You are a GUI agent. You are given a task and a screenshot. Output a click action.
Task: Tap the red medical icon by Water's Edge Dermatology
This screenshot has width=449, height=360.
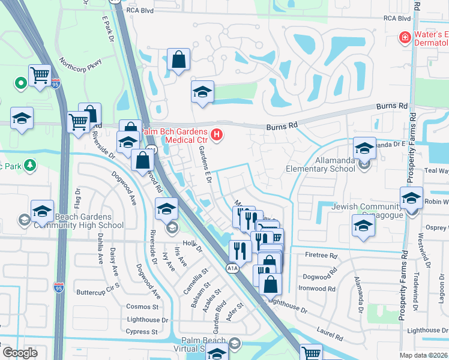(x=405, y=38)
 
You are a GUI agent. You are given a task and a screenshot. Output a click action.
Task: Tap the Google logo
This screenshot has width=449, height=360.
(x=20, y=352)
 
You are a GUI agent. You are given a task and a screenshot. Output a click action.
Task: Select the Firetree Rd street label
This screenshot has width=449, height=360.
(x=321, y=256)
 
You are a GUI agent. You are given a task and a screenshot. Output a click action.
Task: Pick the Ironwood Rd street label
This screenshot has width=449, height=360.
(x=319, y=287)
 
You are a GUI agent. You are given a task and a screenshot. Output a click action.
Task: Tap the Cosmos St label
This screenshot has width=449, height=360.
(x=142, y=306)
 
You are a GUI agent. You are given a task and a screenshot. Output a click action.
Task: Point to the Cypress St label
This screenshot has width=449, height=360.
(x=142, y=331)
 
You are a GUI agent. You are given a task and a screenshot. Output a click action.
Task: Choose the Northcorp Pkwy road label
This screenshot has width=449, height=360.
(x=80, y=64)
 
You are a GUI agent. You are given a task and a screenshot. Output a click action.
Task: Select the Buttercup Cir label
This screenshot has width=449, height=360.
(x=95, y=293)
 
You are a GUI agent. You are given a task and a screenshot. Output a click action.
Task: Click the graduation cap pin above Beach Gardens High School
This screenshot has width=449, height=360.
(x=43, y=211)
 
